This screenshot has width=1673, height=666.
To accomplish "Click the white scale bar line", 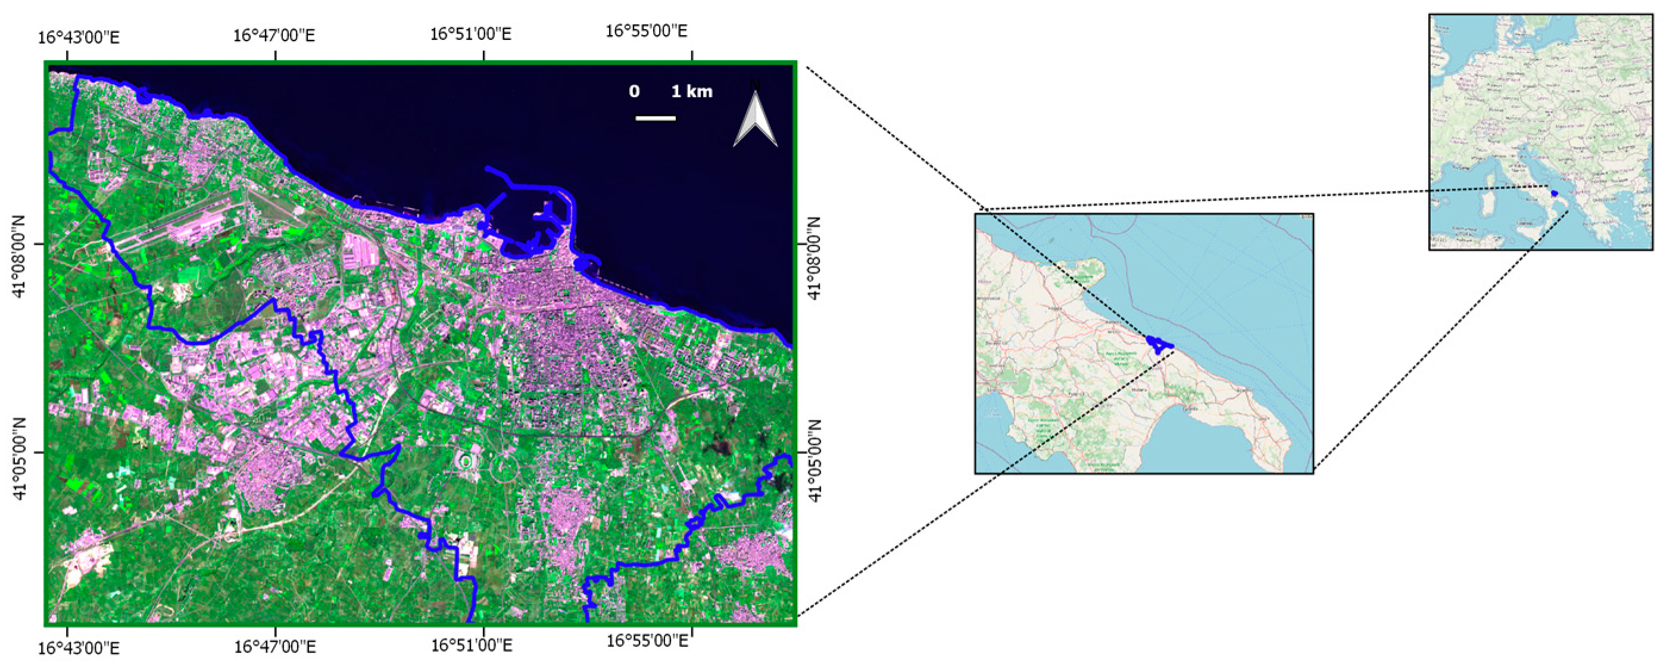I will (x=656, y=119).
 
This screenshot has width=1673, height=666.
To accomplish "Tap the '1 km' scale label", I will (x=692, y=92).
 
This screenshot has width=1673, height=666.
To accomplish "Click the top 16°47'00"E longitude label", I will (x=274, y=35).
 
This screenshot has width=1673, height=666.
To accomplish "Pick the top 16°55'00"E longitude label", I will (x=646, y=31).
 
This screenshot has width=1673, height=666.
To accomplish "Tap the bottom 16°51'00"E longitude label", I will (x=472, y=645).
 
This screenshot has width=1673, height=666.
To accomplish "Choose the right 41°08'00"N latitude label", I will (x=814, y=258).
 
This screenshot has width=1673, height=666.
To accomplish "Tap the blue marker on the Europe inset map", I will (x=1553, y=193).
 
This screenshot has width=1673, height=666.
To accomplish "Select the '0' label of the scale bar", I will (x=634, y=92).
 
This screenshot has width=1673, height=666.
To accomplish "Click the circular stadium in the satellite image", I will (x=466, y=461).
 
